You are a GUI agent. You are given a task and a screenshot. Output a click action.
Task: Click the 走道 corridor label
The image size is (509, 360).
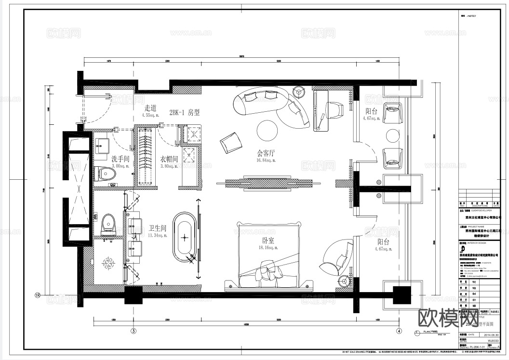click(x=150, y=108)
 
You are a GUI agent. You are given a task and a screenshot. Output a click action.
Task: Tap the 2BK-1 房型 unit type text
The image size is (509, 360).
click(x=184, y=112)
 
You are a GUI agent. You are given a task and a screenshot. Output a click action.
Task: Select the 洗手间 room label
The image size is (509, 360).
click(x=121, y=159)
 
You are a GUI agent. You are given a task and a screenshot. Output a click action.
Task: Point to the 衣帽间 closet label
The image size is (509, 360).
click(x=169, y=159)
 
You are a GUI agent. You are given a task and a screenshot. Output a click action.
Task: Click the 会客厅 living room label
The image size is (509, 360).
click(x=266, y=153)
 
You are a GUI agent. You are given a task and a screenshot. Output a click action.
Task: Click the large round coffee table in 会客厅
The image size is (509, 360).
click(x=266, y=129)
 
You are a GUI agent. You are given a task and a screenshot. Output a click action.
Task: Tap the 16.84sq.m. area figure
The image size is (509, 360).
click(x=266, y=161)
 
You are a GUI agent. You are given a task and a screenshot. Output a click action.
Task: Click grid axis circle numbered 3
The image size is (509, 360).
click(x=134, y=331)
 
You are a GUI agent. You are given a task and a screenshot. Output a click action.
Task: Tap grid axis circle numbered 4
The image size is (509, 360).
click(x=399, y=331)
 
